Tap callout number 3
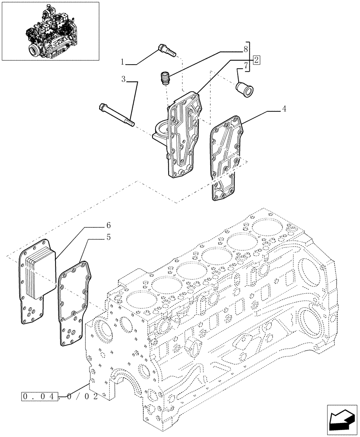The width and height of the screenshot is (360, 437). click(124, 79)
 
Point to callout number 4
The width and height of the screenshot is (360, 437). click(284, 109)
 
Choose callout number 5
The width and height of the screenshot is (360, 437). click(108, 237)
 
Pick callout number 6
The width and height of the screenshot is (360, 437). click(108, 225)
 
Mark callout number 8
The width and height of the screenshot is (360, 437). click(246, 49)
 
